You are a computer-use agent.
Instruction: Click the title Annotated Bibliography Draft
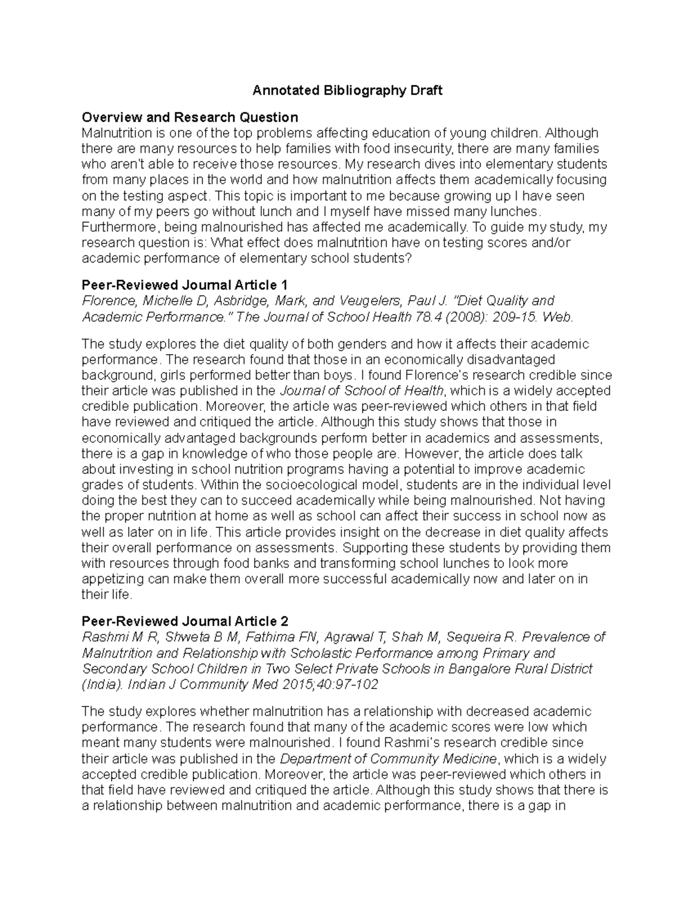tap(347, 90)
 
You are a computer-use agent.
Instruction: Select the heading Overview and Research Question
tap(190, 118)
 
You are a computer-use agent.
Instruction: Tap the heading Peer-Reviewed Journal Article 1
tap(185, 285)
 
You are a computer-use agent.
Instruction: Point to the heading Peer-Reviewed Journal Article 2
tap(185, 622)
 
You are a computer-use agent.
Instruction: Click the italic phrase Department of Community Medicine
tap(387, 759)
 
